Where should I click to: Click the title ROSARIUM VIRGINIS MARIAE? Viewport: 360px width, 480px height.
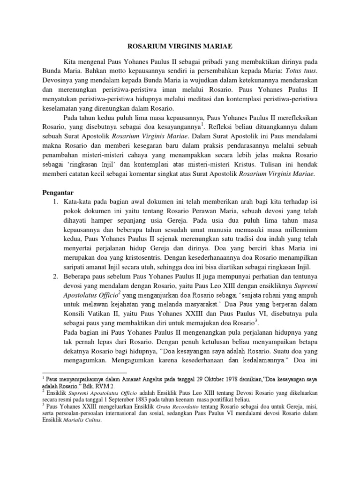point(180,46)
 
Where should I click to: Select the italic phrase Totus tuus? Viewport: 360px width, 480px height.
point(302,70)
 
